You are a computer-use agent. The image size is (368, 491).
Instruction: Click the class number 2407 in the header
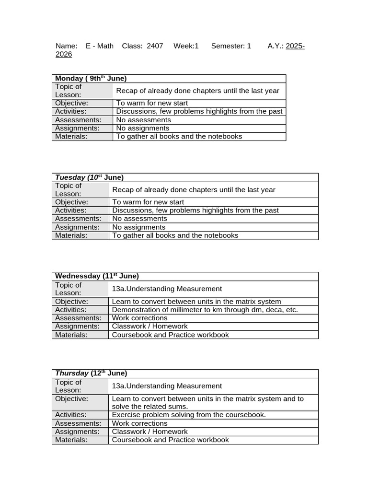point(155,46)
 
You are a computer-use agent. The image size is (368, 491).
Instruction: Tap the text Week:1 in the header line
point(186,46)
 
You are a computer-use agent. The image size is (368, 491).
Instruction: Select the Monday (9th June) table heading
point(91,79)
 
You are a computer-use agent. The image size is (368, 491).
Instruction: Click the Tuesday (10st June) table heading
point(89,177)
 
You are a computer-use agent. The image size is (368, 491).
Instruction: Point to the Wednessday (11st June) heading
point(97,276)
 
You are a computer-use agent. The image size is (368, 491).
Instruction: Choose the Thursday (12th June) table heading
point(91,373)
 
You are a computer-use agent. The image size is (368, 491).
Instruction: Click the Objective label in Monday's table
point(71,103)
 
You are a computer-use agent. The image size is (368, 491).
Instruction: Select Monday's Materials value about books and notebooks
point(179,137)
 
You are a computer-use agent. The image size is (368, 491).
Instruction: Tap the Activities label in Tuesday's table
point(70,210)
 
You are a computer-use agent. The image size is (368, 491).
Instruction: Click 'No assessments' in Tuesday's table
point(139,219)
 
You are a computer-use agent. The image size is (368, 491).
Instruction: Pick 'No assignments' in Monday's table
point(142,129)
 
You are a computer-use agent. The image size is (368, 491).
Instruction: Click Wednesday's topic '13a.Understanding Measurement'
point(167,289)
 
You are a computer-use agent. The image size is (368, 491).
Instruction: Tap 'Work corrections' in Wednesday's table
point(139,318)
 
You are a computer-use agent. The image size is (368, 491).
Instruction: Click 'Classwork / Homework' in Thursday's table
point(149,432)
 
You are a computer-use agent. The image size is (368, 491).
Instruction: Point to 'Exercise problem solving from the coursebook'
point(188,415)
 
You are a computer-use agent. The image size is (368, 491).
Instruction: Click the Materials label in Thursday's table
point(71,440)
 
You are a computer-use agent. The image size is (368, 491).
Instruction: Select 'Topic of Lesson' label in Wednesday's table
point(68,289)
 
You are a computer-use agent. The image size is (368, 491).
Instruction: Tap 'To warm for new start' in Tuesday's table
point(148,202)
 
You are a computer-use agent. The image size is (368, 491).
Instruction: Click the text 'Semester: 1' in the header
point(231,46)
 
